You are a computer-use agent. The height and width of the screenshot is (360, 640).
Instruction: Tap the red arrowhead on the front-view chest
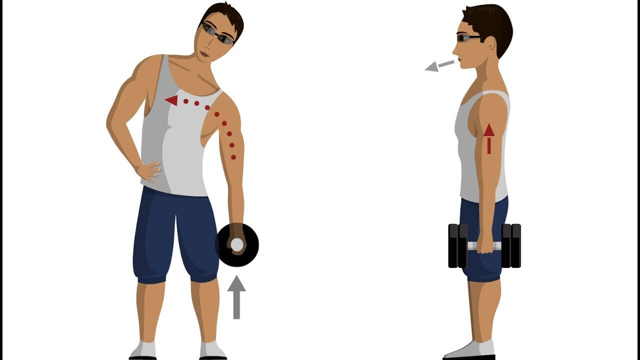point(171,100)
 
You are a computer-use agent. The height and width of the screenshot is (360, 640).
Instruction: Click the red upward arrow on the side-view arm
point(489,138)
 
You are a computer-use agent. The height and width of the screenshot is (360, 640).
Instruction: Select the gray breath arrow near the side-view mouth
point(438,65)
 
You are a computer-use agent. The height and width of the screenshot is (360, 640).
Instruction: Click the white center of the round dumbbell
point(236,244)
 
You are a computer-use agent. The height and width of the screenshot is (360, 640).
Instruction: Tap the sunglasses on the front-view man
point(218,33)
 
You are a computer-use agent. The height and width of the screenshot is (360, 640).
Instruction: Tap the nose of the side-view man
point(454,49)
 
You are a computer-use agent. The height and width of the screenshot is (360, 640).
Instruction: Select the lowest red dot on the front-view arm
point(233,157)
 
